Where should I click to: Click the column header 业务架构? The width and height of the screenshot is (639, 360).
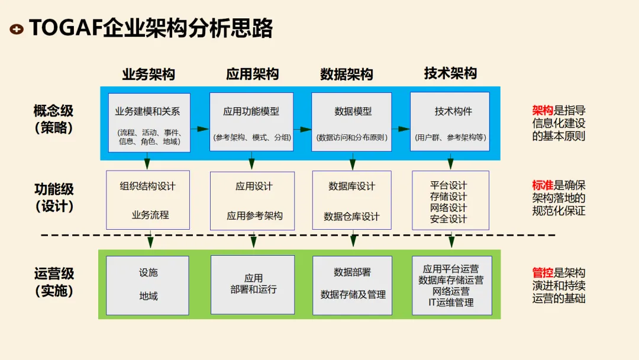coord(148,74)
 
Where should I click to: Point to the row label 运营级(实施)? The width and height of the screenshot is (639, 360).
coord(54,282)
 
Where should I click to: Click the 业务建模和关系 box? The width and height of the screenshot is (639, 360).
coord(149,123)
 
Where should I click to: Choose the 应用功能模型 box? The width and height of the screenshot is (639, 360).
coord(251,123)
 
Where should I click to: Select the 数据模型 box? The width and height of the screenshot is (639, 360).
coord(352,123)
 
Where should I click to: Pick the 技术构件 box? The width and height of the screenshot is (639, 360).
coord(450,123)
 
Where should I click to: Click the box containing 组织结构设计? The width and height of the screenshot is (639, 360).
coord(148,200)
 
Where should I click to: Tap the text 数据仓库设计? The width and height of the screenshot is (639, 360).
coord(352,217)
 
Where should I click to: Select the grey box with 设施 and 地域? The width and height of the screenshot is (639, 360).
coord(148,285)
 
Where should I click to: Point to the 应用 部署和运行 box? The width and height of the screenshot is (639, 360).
coord(253,285)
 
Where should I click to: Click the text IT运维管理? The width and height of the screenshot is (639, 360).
coord(451,303)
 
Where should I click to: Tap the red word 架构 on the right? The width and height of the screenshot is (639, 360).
coord(543,111)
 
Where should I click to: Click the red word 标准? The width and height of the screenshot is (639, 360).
coord(543,185)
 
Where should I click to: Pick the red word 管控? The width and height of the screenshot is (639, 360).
coord(543,273)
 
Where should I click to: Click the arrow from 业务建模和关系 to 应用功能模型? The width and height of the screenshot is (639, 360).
coord(200,128)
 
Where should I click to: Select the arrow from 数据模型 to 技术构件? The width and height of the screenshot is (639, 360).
coord(401,128)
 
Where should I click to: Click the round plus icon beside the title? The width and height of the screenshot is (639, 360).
coord(17,28)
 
